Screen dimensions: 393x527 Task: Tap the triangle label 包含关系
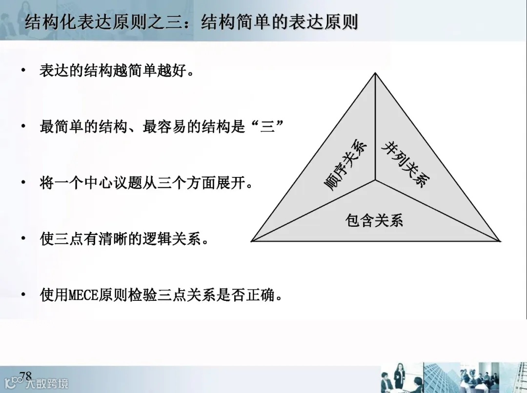374,220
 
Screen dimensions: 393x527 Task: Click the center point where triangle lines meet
375,180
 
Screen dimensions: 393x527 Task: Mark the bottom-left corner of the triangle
252,240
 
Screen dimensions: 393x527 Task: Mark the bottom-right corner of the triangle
500,240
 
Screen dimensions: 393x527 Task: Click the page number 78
25,375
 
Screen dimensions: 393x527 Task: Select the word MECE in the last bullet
86,295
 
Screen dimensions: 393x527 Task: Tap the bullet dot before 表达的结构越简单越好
23,71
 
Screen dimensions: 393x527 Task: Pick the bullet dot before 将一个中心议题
23,183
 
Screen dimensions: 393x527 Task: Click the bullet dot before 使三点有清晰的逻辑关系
23,239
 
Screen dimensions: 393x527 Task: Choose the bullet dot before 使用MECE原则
23,295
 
